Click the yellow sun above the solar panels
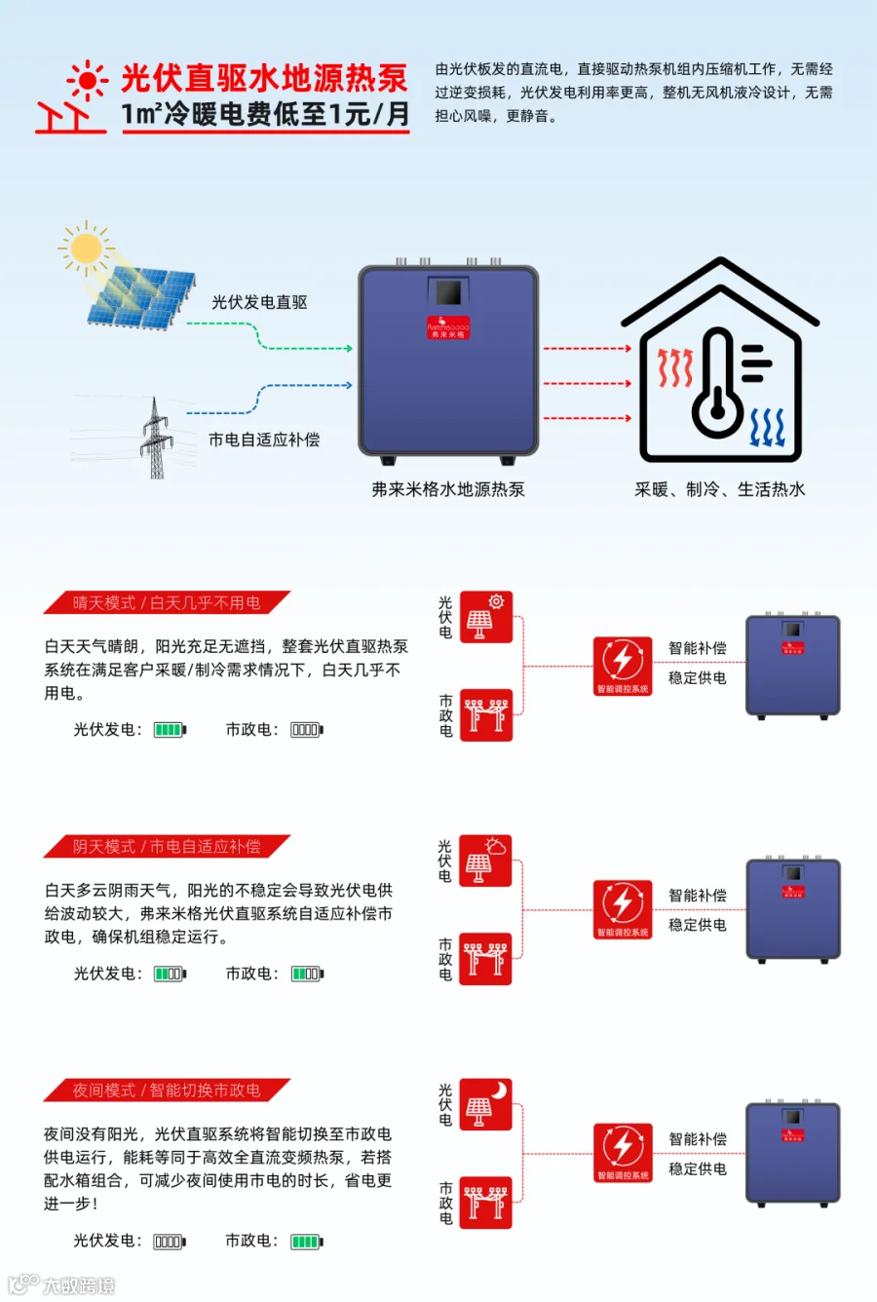click(86, 249)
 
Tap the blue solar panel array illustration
click(140, 296)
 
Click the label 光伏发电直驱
click(259, 303)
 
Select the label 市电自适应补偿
click(264, 440)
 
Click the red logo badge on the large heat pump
click(448, 327)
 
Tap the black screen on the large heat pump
click(448, 293)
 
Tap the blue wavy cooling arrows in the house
click(768, 428)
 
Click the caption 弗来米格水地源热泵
click(448, 489)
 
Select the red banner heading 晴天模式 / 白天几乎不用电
click(167, 603)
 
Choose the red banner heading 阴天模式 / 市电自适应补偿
click(167, 847)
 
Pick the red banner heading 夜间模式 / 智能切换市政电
click(167, 1091)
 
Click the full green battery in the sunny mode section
click(170, 729)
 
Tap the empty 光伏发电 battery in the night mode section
click(169, 1242)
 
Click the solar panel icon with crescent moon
click(485, 1104)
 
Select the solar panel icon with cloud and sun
click(485, 861)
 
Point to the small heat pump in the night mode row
click(792, 1155)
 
